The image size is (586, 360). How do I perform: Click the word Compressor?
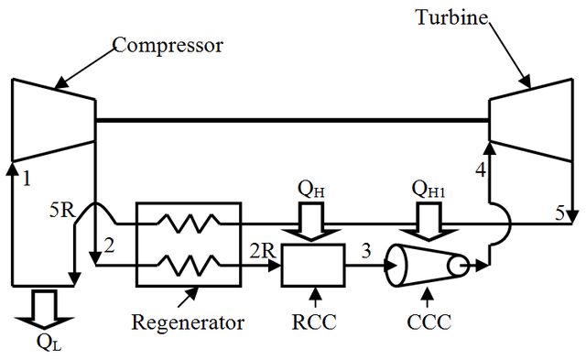[168, 47]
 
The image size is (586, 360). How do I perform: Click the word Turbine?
[451, 17]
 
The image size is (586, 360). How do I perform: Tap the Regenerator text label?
[188, 323]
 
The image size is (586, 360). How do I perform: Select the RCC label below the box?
[314, 322]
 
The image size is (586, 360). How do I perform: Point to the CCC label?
[429, 322]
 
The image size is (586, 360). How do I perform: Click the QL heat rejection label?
[49, 342]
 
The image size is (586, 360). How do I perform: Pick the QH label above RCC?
[311, 189]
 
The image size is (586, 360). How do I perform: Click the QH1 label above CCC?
[428, 189]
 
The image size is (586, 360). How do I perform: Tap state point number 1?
[27, 179]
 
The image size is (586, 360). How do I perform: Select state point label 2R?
[263, 251]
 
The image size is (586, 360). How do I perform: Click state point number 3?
[366, 251]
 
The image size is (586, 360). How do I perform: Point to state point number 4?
[481, 170]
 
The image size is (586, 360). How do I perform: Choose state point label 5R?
[62, 211]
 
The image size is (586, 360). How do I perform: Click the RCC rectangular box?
[313, 266]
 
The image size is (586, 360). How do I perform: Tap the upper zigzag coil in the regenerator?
[189, 224]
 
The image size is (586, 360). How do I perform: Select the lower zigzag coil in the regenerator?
[189, 265]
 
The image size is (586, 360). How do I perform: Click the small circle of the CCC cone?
[458, 267]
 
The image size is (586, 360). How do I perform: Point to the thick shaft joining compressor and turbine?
[292, 120]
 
